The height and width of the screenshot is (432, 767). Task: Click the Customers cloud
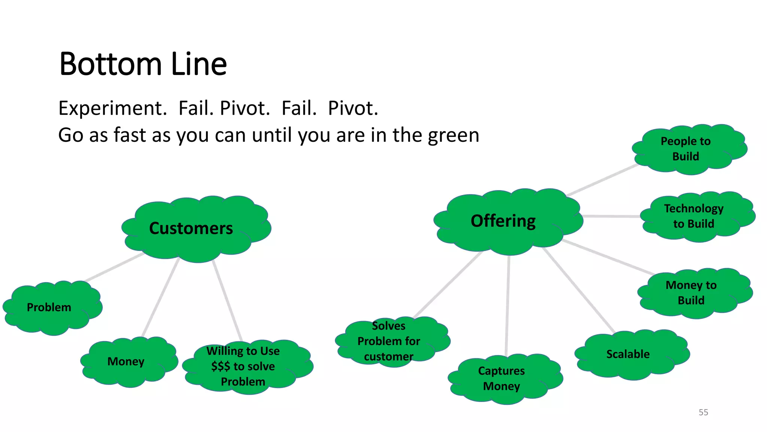click(191, 228)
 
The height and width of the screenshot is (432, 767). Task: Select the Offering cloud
click(503, 221)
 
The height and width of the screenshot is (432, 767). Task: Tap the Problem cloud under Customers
click(49, 307)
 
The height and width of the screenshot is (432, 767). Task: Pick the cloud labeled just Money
click(126, 361)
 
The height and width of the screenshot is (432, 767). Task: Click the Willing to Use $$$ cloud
click(243, 366)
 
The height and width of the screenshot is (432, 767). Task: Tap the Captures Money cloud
click(501, 378)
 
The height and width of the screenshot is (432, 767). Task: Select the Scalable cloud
click(628, 354)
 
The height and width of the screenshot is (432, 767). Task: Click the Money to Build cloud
click(691, 293)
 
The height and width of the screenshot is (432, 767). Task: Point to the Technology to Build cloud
click(694, 216)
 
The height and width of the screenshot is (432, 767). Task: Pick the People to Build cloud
click(685, 149)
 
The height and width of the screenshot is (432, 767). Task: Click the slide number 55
click(703, 412)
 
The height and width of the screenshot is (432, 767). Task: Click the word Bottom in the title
click(111, 64)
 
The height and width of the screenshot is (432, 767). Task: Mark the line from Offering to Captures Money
click(507, 306)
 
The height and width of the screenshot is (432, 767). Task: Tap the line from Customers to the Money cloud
click(160, 298)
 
